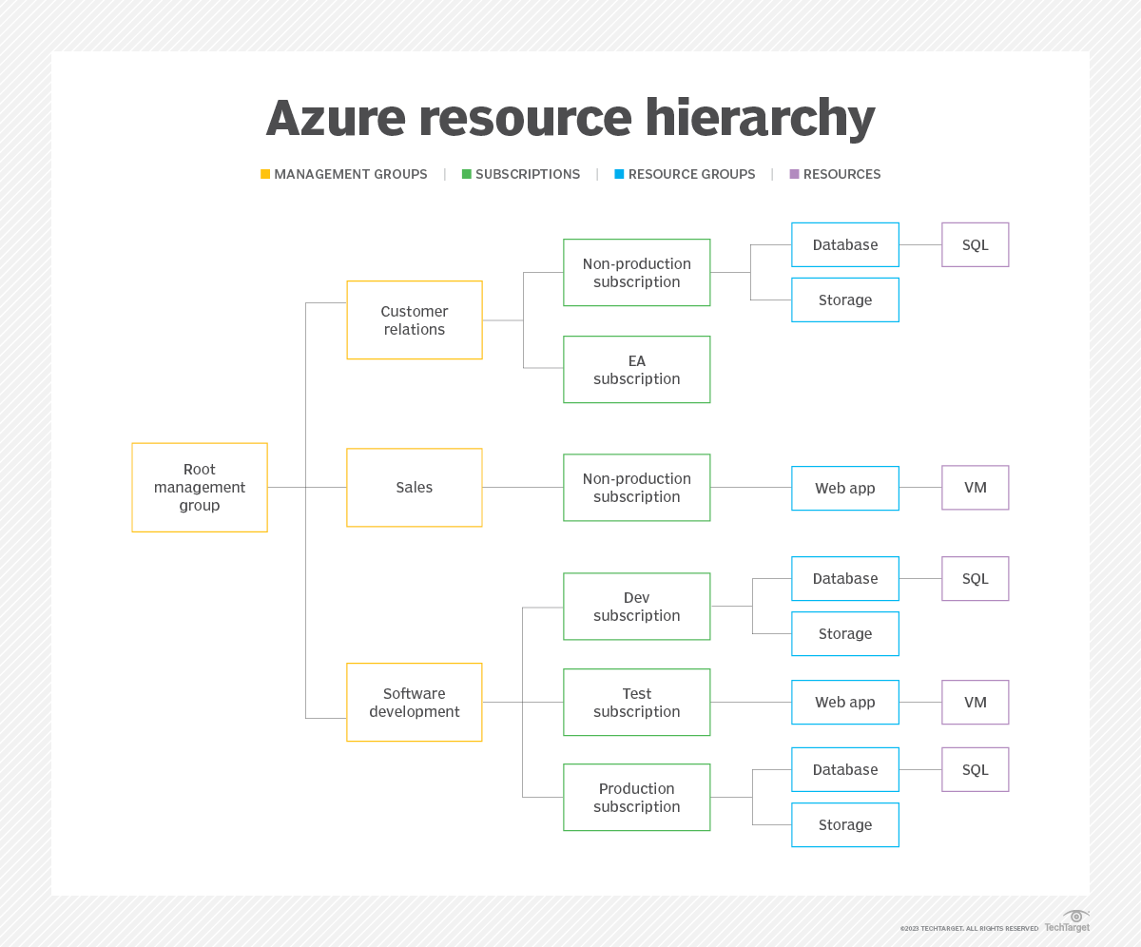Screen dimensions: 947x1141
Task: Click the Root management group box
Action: [x=200, y=487]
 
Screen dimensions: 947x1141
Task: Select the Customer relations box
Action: [x=415, y=320]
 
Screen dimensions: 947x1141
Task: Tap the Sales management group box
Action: [x=415, y=487]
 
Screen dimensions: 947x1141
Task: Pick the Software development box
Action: [x=415, y=703]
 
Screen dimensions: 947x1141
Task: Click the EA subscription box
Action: [x=636, y=369]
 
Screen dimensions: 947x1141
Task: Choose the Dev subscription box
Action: [x=636, y=607]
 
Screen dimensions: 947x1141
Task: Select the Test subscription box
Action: [x=636, y=703]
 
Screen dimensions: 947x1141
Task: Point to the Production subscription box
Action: [x=636, y=798]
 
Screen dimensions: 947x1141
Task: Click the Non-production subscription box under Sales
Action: [x=636, y=488]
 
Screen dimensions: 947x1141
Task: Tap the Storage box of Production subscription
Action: [x=844, y=824]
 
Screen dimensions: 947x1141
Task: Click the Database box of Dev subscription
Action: [x=844, y=578]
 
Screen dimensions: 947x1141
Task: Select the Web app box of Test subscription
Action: [x=844, y=703]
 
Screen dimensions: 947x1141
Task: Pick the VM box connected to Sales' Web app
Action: [x=975, y=488]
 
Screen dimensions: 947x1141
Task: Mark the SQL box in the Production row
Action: [x=975, y=769]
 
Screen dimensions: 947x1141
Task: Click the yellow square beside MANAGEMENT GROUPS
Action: [x=265, y=174]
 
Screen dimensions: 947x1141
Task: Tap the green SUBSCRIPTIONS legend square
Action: [x=467, y=174]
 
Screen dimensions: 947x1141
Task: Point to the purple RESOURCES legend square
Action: [x=794, y=174]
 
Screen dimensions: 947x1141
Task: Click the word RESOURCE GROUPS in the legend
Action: [x=691, y=174]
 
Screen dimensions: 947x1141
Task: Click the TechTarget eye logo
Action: [x=1075, y=916]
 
